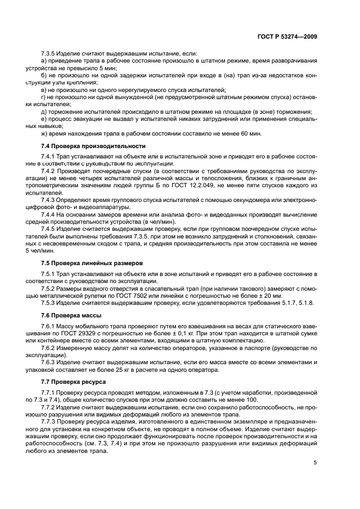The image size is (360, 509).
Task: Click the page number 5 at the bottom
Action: click(x=315, y=463)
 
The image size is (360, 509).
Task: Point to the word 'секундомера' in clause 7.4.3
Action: click(x=249, y=199)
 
